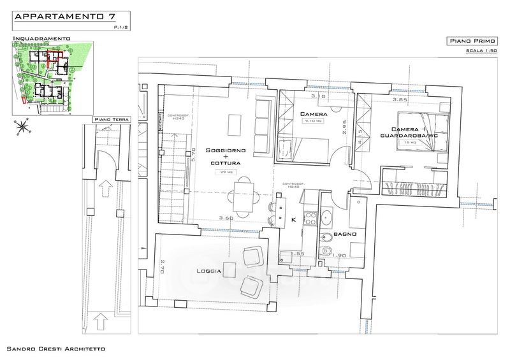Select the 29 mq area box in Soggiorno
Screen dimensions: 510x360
click(x=226, y=172)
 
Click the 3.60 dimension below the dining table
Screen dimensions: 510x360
click(x=226, y=219)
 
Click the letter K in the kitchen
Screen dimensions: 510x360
click(x=293, y=219)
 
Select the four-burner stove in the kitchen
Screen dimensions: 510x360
click(x=310, y=218)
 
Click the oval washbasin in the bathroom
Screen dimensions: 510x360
click(x=327, y=217)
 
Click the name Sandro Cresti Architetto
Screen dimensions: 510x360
click(x=55, y=350)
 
